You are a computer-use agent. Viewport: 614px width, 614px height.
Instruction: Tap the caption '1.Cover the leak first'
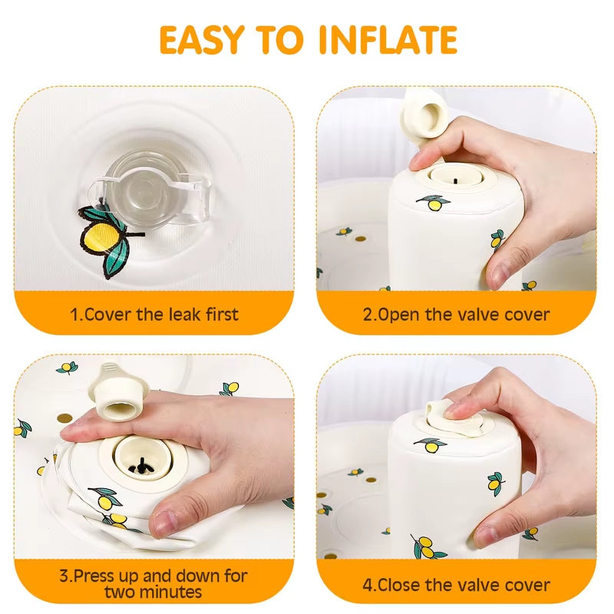[x=154, y=314]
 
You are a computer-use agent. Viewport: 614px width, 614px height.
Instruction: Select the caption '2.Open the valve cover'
[x=457, y=314]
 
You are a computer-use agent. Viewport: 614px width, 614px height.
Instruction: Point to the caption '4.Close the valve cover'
[x=457, y=585]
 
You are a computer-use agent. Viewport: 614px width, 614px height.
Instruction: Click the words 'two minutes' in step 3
[x=153, y=592]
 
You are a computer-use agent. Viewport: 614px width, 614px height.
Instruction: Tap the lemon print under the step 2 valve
[x=435, y=203]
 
